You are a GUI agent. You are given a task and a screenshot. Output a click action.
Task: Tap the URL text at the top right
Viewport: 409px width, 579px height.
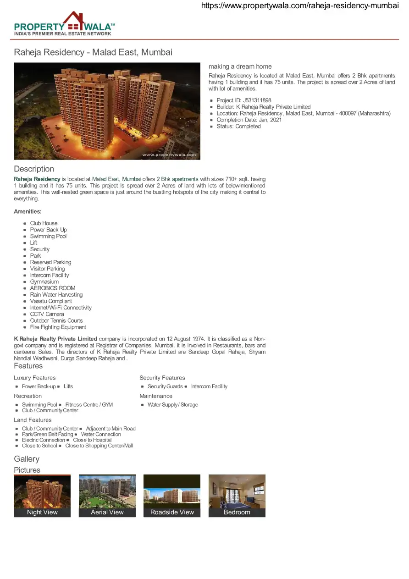click(x=300, y=6)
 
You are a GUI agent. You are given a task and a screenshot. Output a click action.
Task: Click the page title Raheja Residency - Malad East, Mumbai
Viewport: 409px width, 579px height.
click(x=93, y=52)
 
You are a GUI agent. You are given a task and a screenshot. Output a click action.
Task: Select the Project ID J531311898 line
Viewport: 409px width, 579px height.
click(x=244, y=100)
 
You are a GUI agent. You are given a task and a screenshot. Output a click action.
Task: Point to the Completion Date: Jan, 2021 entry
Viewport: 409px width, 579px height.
click(x=249, y=120)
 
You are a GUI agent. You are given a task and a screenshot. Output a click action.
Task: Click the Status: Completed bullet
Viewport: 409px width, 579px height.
click(x=238, y=127)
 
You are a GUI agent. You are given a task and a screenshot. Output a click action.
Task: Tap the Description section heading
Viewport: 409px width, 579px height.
click(x=34, y=169)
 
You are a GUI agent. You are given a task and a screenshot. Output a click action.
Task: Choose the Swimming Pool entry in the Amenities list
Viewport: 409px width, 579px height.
click(x=48, y=237)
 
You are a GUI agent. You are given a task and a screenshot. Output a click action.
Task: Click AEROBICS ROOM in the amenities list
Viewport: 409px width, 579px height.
click(x=53, y=288)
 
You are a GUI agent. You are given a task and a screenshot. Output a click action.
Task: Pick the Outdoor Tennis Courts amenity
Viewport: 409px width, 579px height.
click(x=56, y=321)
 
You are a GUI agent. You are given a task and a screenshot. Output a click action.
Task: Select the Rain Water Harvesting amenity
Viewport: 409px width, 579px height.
click(x=56, y=295)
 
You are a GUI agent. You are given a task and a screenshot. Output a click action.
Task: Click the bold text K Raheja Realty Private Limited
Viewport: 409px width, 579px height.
click(x=55, y=339)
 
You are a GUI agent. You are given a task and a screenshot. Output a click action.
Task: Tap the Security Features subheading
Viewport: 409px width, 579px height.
click(x=162, y=378)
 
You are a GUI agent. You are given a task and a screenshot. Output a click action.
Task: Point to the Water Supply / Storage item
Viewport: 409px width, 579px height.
click(x=173, y=405)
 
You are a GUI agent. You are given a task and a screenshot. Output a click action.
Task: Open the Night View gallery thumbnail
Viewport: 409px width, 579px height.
click(x=42, y=496)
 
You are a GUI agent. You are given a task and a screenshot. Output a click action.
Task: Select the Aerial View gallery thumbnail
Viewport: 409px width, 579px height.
click(x=107, y=496)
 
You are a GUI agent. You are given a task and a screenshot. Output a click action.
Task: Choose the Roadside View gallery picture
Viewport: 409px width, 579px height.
click(x=172, y=496)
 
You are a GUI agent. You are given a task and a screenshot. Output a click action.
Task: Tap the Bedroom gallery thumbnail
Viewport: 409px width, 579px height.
click(x=237, y=496)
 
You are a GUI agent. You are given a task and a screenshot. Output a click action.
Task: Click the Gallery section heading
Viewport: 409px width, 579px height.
click(x=27, y=459)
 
